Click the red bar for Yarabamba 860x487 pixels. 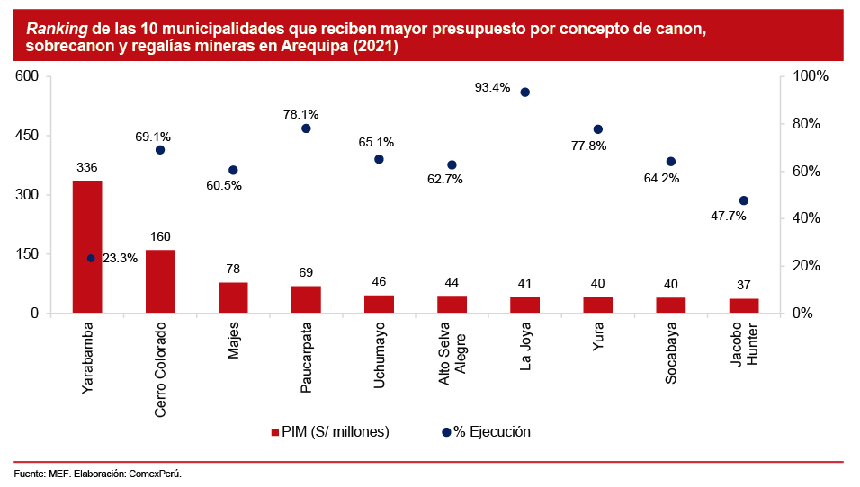(x=87, y=246)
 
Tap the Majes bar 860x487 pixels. (x=233, y=297)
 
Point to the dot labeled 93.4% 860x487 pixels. (x=524, y=92)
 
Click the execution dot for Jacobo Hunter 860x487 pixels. (x=744, y=200)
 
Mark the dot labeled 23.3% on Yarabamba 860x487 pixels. (x=91, y=258)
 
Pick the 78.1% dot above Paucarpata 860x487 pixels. (x=306, y=128)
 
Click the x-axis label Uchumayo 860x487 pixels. (x=379, y=356)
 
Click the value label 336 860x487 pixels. (x=87, y=167)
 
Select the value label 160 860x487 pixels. (x=160, y=236)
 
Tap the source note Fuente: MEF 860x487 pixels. (x=41, y=473)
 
